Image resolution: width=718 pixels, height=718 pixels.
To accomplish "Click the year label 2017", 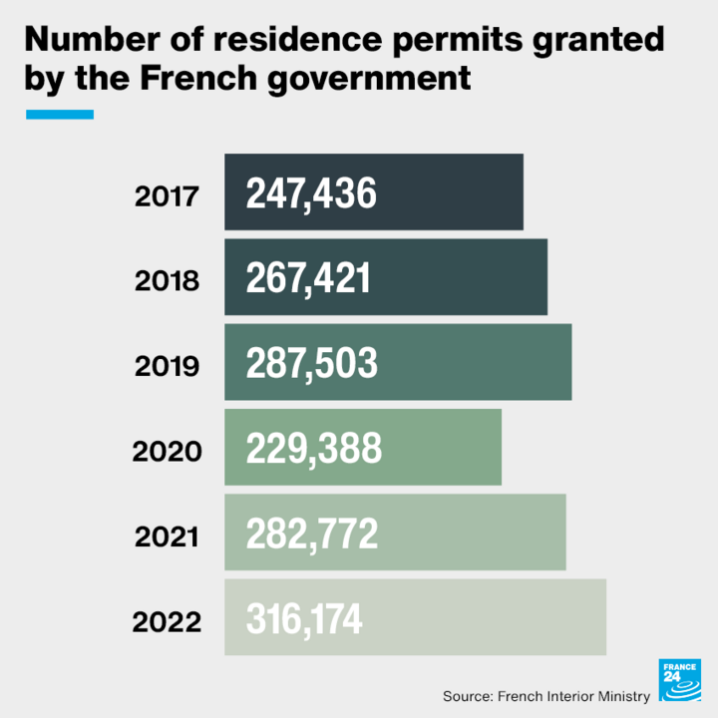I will point(167,196).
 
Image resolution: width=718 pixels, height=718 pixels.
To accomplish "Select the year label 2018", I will point(167,281).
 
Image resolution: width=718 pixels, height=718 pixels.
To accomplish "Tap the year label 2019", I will point(167,366).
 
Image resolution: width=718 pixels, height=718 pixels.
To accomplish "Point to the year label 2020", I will point(167,452).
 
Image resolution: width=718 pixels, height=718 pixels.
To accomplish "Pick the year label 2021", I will point(167,537).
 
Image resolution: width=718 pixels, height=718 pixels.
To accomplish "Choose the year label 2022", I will point(167,622).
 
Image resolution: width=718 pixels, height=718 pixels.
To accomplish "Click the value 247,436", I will point(311,193).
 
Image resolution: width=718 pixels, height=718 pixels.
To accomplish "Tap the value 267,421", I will point(308,278).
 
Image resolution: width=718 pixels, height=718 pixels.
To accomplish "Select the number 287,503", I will point(312,363).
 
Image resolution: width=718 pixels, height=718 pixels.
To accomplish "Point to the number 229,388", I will point(314,449).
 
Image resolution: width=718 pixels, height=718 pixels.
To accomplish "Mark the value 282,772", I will point(312,534).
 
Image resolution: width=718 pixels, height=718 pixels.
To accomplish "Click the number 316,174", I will point(305,619).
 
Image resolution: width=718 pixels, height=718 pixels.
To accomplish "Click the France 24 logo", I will point(679,681).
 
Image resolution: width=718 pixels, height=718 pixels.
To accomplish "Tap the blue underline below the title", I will point(59,115).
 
